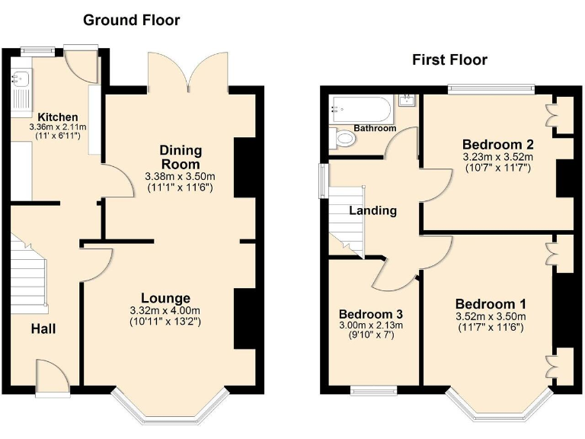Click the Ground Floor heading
click(131, 21)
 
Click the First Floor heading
click(449, 59)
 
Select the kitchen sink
click(19, 77)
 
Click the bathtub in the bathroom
click(362, 110)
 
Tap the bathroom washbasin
click(407, 101)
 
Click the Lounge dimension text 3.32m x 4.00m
click(165, 310)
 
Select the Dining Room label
click(180, 157)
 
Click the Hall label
click(43, 328)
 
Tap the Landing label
click(373, 210)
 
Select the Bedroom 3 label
click(371, 314)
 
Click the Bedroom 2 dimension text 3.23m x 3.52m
click(497, 157)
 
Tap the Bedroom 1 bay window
click(499, 409)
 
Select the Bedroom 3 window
click(373, 391)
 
